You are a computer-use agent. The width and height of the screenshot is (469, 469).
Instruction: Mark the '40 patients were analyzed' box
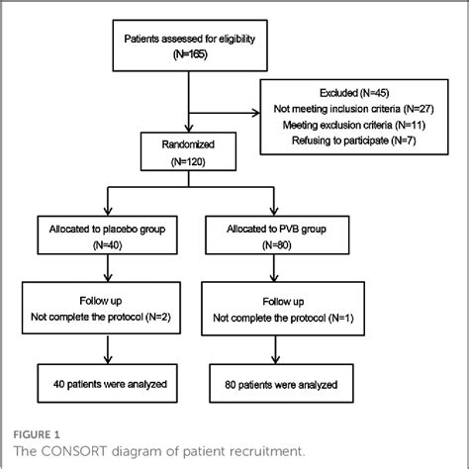pos(106,383)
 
